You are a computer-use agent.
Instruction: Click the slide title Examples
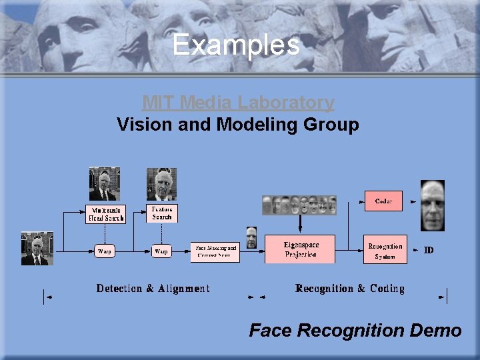click(236, 45)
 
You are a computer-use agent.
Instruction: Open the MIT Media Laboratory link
click(238, 103)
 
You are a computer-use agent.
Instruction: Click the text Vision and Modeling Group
click(238, 125)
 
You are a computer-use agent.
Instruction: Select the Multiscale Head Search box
click(105, 213)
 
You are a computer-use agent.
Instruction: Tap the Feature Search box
click(162, 213)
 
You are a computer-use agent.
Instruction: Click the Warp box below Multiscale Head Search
click(105, 251)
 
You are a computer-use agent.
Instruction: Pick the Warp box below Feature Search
click(161, 251)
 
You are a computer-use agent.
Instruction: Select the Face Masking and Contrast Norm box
click(215, 251)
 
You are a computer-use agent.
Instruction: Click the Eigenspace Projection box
click(300, 249)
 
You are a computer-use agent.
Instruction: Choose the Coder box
click(383, 201)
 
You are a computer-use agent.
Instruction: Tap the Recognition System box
click(385, 251)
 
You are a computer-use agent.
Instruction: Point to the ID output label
click(429, 250)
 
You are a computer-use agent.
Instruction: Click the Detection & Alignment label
click(153, 289)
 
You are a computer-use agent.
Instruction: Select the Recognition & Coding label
click(349, 289)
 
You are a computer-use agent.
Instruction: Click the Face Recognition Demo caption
click(355, 330)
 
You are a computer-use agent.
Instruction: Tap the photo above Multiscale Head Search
click(105, 184)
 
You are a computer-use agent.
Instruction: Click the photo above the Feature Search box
click(161, 184)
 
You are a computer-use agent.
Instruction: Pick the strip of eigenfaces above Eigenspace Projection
click(299, 205)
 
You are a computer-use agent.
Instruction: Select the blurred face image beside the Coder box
click(432, 205)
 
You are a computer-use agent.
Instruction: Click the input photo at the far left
click(37, 248)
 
